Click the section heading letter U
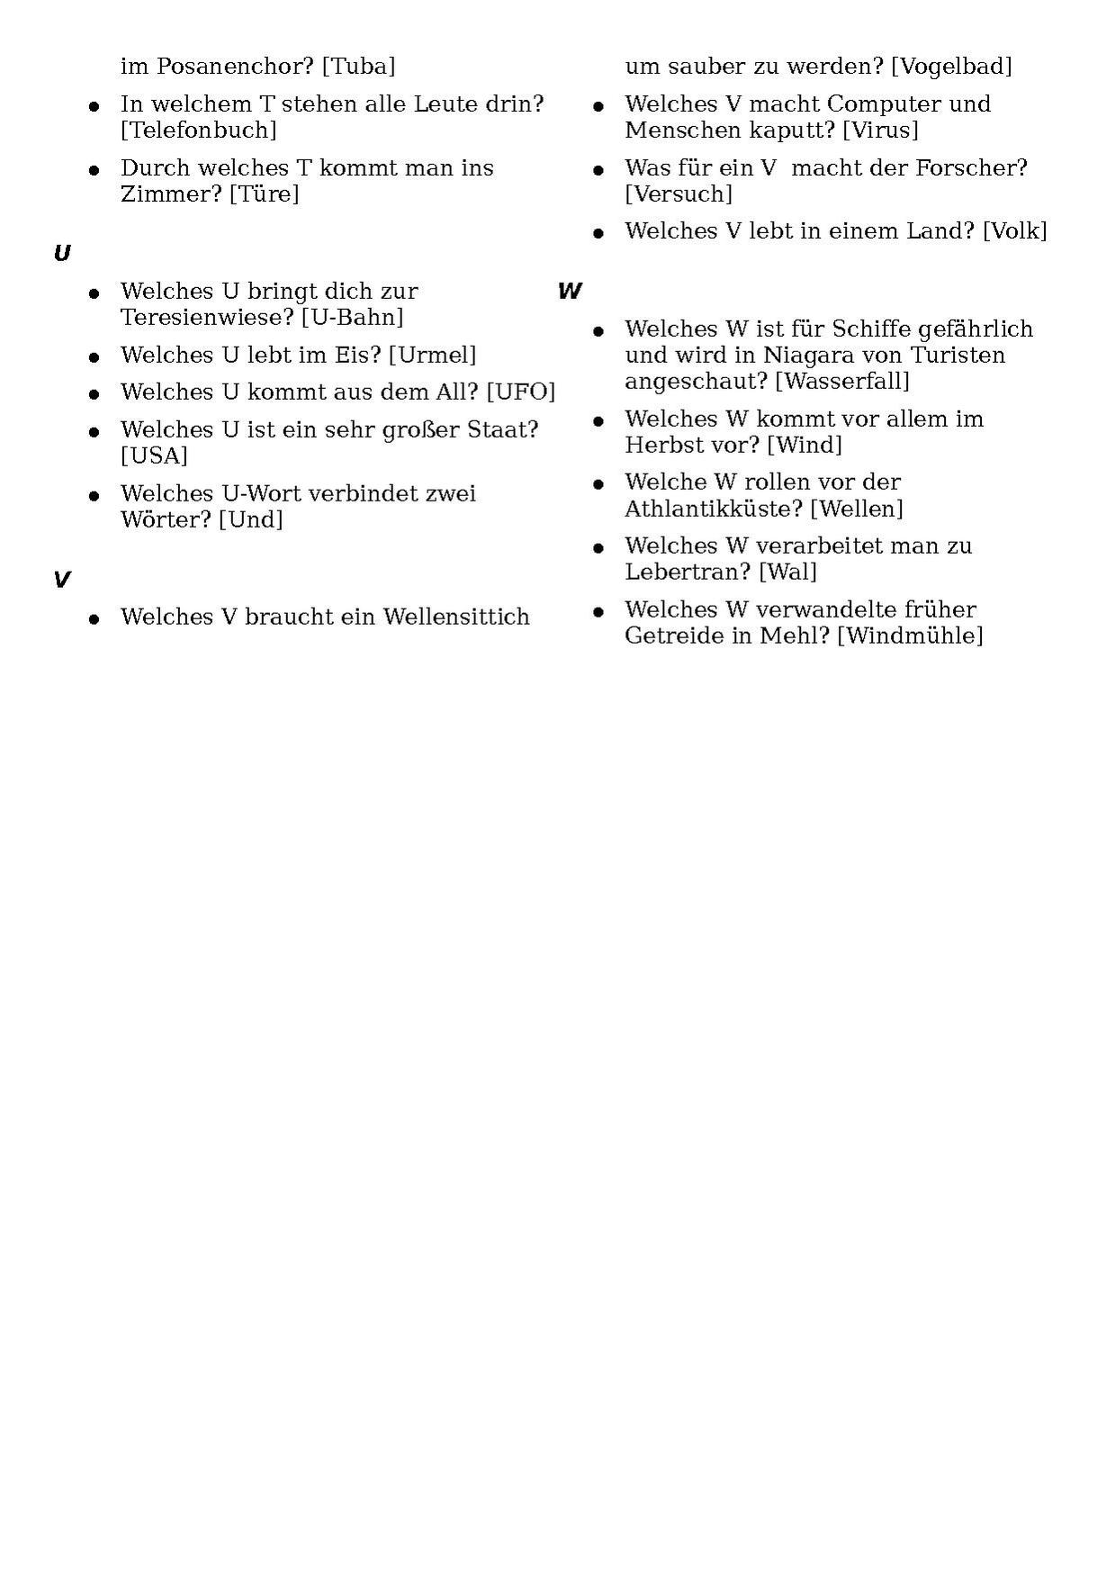point(62,254)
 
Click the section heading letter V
point(61,580)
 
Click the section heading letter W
point(570,291)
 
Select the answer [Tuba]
point(358,67)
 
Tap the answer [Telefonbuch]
point(199,131)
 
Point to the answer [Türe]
point(264,194)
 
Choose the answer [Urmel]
point(432,356)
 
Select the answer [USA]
point(154,456)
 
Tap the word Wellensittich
point(456,618)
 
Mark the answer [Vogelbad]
point(951,67)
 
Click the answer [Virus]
point(880,131)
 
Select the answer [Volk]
point(1014,231)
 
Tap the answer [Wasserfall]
point(842,382)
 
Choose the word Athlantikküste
point(714,509)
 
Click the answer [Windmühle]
point(910,636)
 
